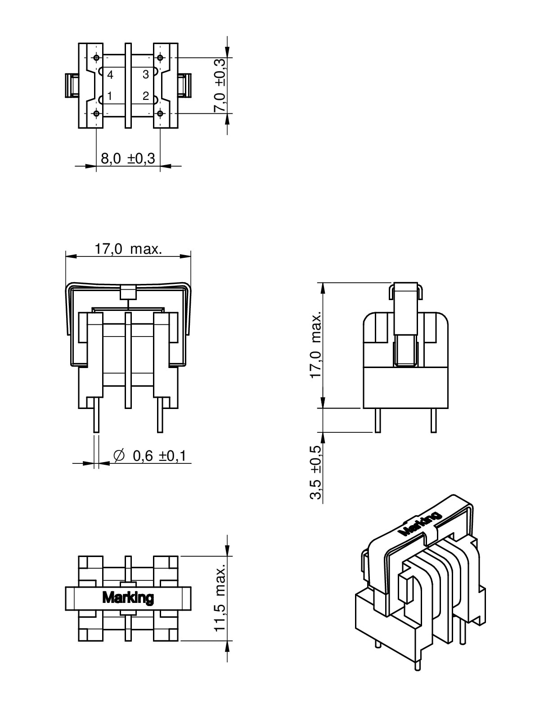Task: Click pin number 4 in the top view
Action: (x=110, y=75)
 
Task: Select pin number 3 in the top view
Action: (x=146, y=75)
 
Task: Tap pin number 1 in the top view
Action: (x=110, y=96)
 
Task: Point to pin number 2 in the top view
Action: (x=146, y=96)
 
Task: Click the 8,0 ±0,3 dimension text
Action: (x=128, y=158)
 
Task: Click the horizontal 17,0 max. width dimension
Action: (x=128, y=249)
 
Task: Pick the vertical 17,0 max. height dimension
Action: (x=316, y=344)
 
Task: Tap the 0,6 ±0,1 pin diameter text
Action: (x=160, y=456)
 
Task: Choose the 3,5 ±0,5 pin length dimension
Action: (x=316, y=472)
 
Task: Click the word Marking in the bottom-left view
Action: (x=128, y=598)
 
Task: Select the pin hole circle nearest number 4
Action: (x=96, y=58)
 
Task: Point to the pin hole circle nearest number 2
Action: (x=160, y=113)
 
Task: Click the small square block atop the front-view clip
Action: (x=128, y=292)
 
